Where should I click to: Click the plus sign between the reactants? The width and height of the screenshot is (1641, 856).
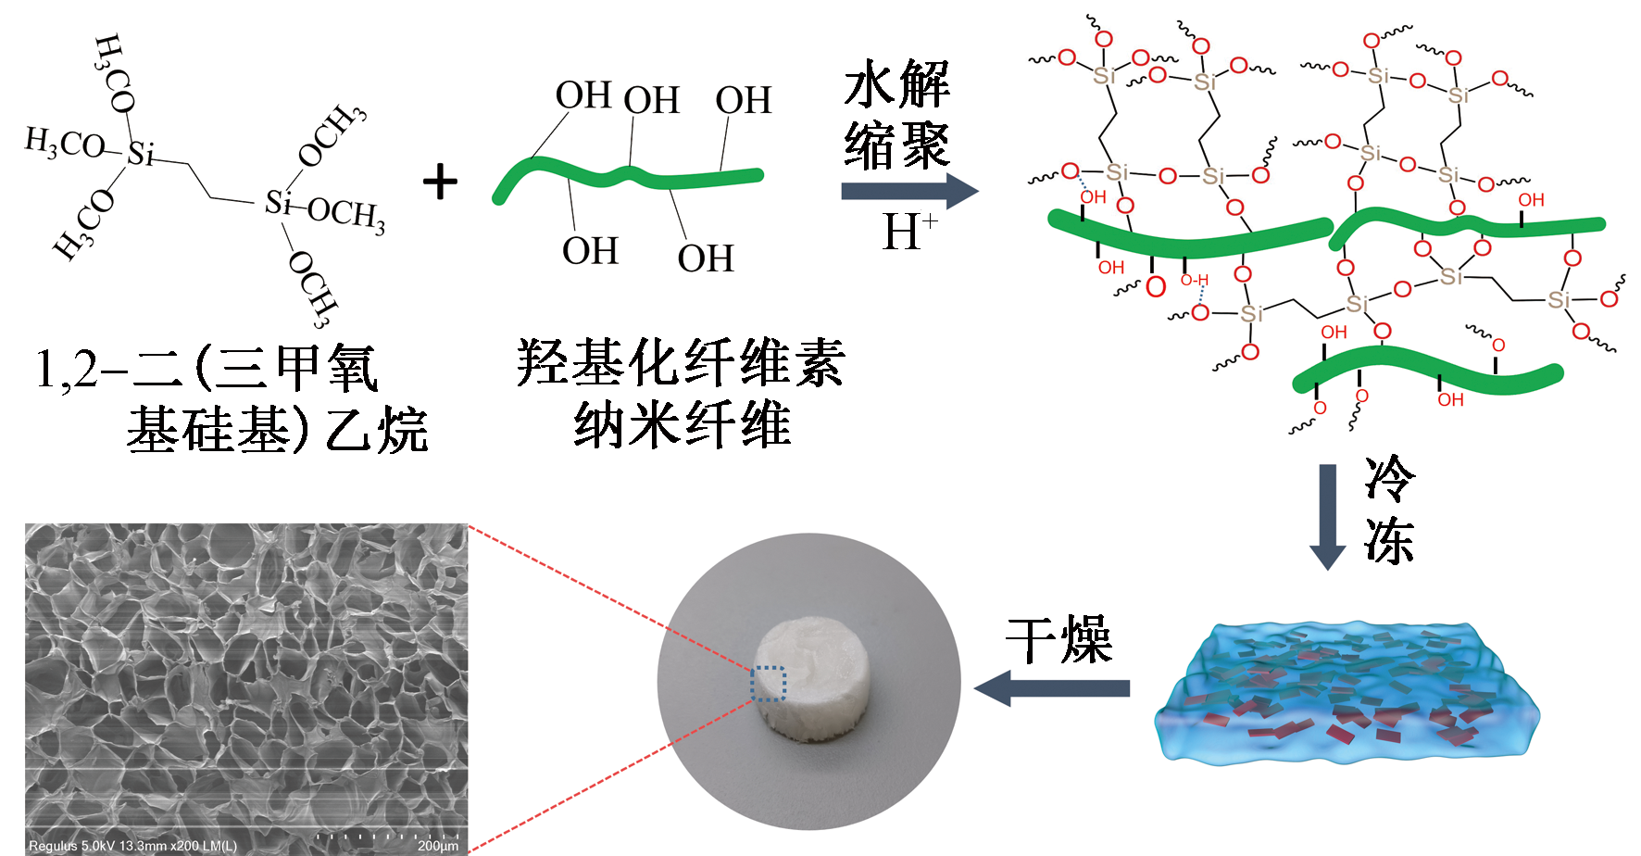tap(440, 182)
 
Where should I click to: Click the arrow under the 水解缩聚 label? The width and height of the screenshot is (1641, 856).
tap(908, 191)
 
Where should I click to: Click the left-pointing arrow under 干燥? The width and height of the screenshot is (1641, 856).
tap(1051, 688)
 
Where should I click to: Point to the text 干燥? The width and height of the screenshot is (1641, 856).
tap(1059, 639)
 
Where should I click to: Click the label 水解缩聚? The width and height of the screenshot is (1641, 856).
tap(896, 115)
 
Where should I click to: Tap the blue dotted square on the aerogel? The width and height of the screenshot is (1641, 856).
tap(768, 684)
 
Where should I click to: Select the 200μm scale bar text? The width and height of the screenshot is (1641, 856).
tap(437, 846)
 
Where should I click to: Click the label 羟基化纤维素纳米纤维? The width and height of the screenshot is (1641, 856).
tap(681, 393)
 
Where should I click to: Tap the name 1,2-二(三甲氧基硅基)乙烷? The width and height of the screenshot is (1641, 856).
tap(232, 399)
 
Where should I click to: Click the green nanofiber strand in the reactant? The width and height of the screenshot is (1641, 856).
tap(630, 176)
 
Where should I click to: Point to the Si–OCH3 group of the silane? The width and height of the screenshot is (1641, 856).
tap(324, 208)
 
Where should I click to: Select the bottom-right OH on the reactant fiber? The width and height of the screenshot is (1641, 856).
tap(706, 258)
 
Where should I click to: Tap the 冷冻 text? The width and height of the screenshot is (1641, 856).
tap(1388, 510)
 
